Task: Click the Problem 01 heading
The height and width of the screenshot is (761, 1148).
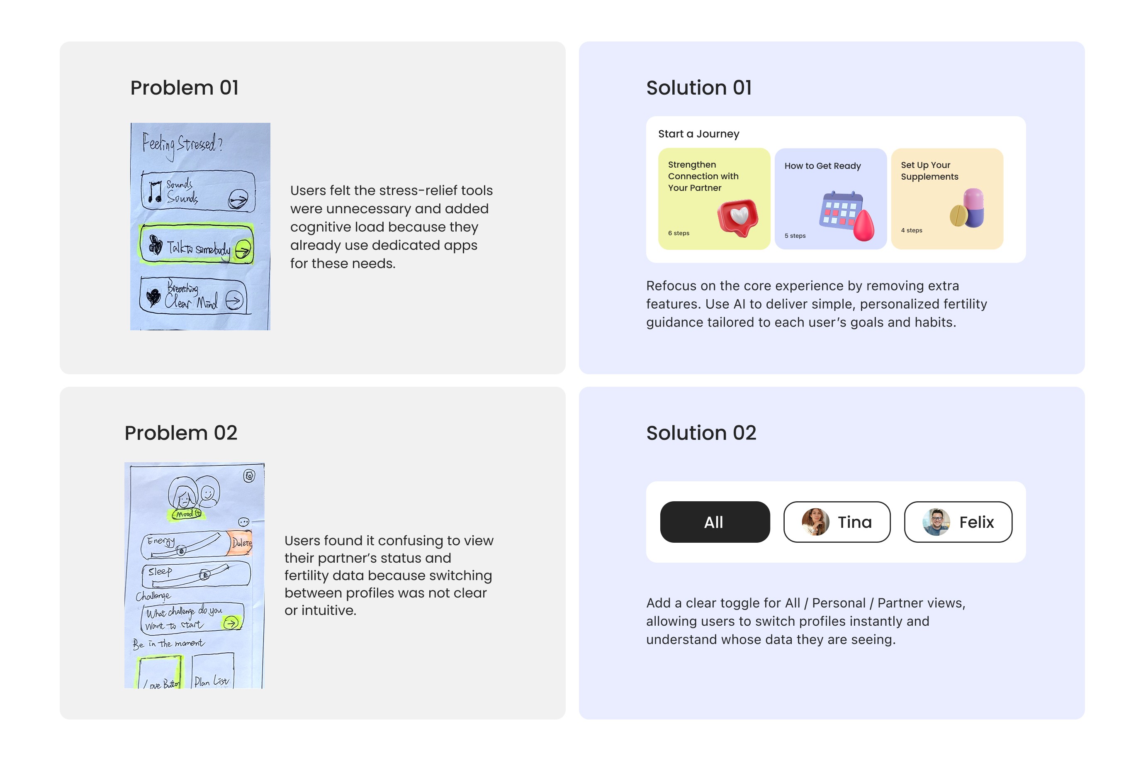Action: tap(184, 88)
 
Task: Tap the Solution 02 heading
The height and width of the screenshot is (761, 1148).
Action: tap(700, 432)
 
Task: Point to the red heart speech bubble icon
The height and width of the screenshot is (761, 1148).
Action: tap(738, 217)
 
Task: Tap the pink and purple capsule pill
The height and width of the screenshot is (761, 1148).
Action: tap(973, 208)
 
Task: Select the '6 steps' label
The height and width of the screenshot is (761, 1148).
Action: tap(678, 233)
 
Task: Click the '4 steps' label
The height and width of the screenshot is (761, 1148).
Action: tap(911, 230)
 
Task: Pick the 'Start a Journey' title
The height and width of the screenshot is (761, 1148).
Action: tap(698, 134)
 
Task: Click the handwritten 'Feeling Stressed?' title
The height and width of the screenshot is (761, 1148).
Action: tap(182, 144)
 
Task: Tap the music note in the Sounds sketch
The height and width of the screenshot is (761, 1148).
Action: tap(155, 192)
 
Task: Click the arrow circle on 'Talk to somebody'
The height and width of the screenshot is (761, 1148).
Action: tap(243, 249)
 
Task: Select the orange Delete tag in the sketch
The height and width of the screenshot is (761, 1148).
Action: tap(241, 543)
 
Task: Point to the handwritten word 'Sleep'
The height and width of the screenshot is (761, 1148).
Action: tap(160, 571)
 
